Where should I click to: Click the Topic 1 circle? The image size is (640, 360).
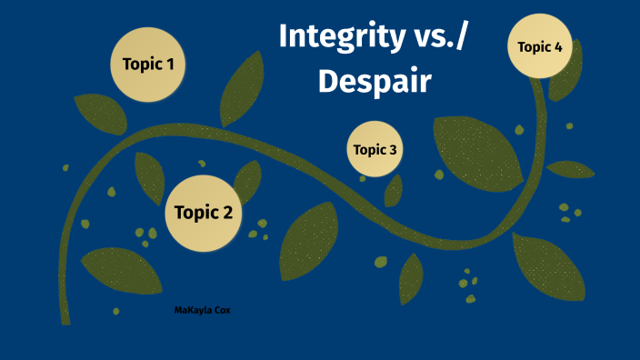tap(148, 65)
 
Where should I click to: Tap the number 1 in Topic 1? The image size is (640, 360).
tap(170, 65)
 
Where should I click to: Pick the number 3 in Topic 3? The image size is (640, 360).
tap(392, 150)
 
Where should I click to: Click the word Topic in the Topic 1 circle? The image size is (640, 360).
tap(138, 65)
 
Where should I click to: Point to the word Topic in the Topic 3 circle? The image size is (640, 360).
tap(368, 150)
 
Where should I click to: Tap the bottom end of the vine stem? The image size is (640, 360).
tap(65, 319)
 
